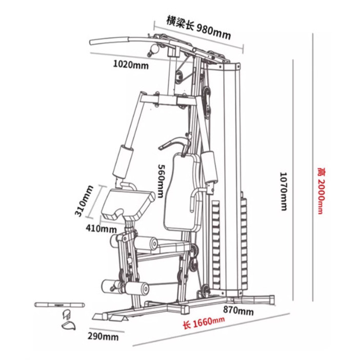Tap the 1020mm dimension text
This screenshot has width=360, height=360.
pos(131,65)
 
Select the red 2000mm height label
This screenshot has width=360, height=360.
pos(321,191)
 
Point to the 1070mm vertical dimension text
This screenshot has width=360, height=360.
pos(284,191)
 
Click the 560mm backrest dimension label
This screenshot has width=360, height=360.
pos(161,181)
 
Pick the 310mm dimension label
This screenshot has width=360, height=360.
pos(84,201)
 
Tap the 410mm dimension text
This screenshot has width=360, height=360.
pos(101,228)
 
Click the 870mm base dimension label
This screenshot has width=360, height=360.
pos(238,310)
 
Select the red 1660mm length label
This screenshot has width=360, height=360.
pos(204,323)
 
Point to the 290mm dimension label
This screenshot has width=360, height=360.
pos(103,336)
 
